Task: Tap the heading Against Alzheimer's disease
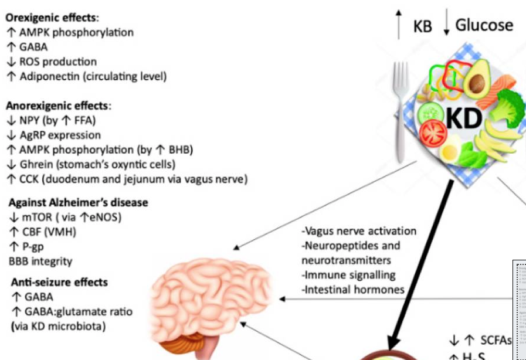[x=78, y=202]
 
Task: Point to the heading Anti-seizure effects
[x=59, y=282]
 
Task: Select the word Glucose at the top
[x=484, y=25]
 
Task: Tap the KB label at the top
[x=422, y=27]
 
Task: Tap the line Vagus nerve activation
[x=359, y=231]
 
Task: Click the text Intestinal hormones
[x=353, y=289]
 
